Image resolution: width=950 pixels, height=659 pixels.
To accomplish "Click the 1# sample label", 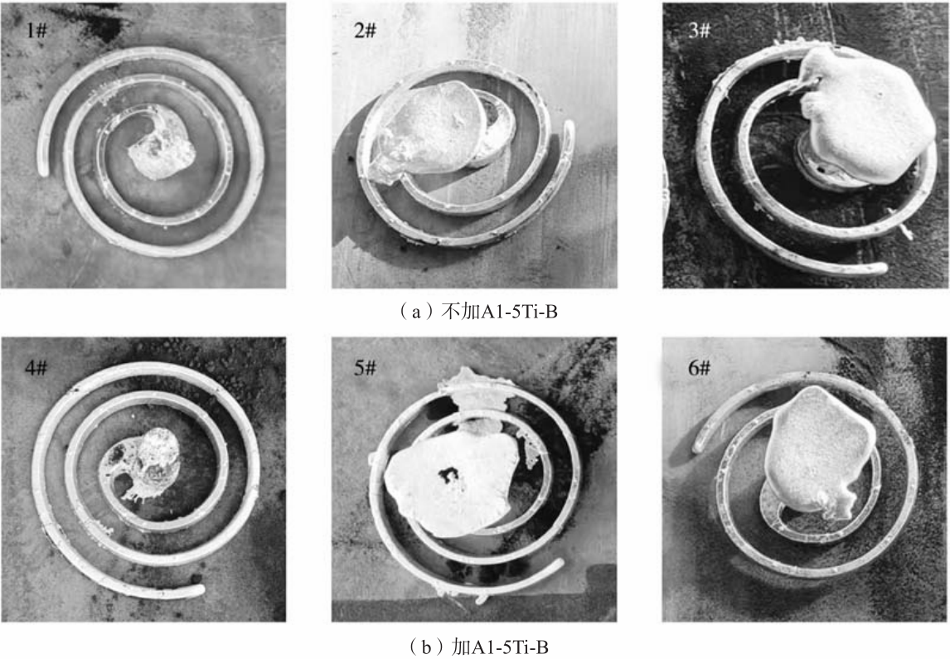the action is coord(36,31).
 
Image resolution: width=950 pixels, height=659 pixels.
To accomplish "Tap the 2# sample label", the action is coord(365,31).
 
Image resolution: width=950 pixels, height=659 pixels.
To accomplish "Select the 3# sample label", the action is coord(699,31).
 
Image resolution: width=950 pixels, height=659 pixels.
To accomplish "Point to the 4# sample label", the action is coord(36,367).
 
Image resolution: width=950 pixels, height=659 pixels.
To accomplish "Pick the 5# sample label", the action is coord(365,367).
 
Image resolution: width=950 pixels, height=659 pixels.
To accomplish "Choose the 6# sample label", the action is coord(699,367).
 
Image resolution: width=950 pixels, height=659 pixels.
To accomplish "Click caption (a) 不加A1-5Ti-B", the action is coord(475,312).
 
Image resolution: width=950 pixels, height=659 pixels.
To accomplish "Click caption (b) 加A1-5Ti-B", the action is coord(475,647).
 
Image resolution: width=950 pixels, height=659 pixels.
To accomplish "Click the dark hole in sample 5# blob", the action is coord(449,476).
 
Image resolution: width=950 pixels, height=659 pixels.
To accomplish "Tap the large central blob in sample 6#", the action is coord(818,451).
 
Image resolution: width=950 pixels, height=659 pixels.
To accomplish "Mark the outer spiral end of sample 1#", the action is coord(42,171).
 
